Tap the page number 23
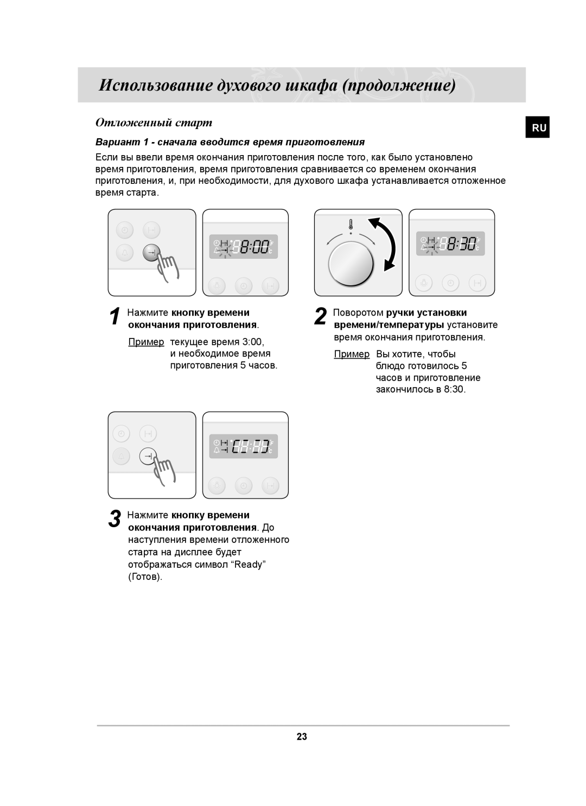pyautogui.click(x=302, y=737)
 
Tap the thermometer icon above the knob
pyautogui.click(x=351, y=223)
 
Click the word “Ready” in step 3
pyautogui.click(x=248, y=565)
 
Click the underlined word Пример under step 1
pyautogui.click(x=146, y=342)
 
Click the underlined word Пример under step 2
pyautogui.click(x=352, y=354)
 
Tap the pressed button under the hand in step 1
pyautogui.click(x=152, y=252)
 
